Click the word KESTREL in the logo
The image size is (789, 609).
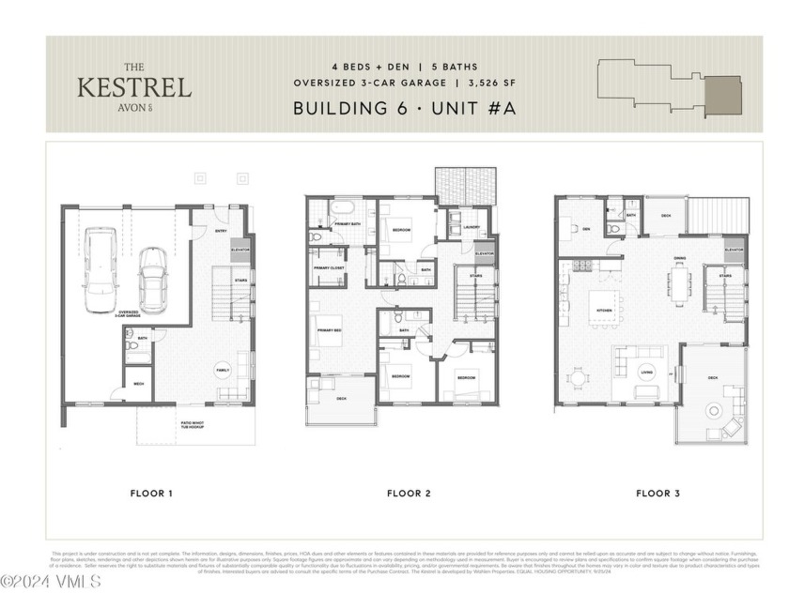point(134,88)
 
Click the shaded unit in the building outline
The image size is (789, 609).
point(723,95)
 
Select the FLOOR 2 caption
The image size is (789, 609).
point(408,493)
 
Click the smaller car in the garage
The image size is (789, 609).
point(153,280)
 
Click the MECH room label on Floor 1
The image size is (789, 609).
point(138,384)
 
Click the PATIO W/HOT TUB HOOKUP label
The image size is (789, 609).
point(195,426)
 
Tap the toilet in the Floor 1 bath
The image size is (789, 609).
point(132,346)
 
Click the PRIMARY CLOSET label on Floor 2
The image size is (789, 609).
point(328,267)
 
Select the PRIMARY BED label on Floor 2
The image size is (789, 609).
point(328,331)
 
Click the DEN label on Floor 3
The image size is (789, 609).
point(584,229)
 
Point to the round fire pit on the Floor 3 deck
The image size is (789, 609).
point(717,410)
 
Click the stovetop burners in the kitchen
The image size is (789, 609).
point(581,266)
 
